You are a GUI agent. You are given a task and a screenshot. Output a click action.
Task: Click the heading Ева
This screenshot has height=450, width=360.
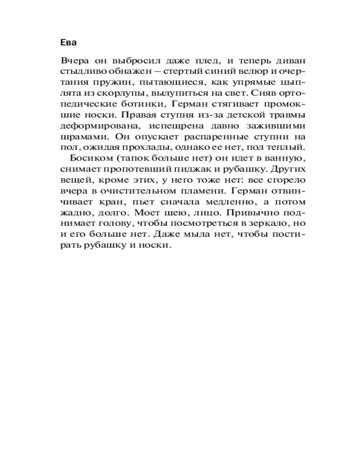[x=68, y=43]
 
